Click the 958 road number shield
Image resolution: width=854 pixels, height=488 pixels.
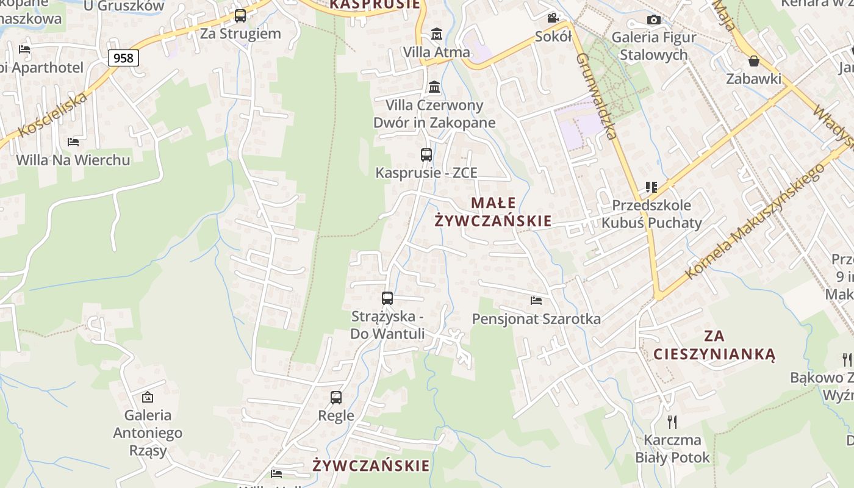123,58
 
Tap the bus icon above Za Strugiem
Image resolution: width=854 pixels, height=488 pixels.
240,16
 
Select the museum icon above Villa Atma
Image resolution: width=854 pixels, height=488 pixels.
437,34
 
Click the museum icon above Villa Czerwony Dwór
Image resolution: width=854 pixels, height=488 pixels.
434,87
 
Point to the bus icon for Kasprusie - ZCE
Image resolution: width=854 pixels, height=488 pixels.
426,155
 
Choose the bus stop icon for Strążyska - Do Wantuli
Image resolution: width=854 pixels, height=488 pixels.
387,298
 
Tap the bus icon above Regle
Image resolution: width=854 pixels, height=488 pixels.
336,398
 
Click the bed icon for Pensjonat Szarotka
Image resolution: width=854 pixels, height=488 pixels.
536,301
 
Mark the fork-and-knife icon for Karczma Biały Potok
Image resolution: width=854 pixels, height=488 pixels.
672,422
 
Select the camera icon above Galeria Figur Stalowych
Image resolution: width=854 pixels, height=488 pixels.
654,20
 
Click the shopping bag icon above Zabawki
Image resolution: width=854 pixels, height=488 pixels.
754,61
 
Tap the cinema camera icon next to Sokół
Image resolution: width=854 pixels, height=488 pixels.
553,18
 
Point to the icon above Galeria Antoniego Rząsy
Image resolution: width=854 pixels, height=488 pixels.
148,397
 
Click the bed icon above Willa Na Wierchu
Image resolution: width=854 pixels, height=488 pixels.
73,142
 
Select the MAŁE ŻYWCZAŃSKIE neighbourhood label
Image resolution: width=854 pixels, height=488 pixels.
493,212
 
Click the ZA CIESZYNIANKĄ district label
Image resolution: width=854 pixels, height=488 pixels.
714,345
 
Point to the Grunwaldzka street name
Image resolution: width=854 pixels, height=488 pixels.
597,96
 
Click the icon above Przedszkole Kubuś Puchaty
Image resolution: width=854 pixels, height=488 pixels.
651,187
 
